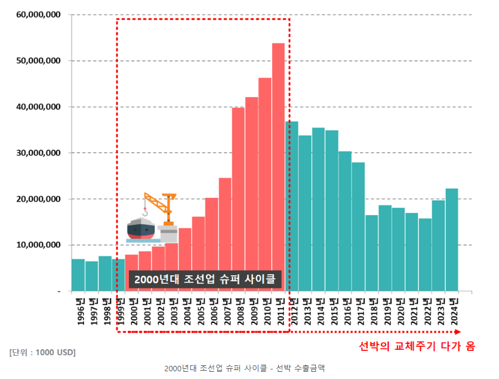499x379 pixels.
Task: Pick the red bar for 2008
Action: pyautogui.click(x=238, y=191)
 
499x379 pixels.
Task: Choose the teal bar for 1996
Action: pyautogui.click(x=78, y=275)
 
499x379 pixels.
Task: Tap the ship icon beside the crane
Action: pyautogui.click(x=141, y=229)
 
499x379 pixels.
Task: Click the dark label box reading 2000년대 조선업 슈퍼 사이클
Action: pyautogui.click(x=205, y=279)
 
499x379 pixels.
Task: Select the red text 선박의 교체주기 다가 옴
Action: pyautogui.click(x=416, y=346)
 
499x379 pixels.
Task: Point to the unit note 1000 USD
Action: pyautogui.click(x=42, y=352)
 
